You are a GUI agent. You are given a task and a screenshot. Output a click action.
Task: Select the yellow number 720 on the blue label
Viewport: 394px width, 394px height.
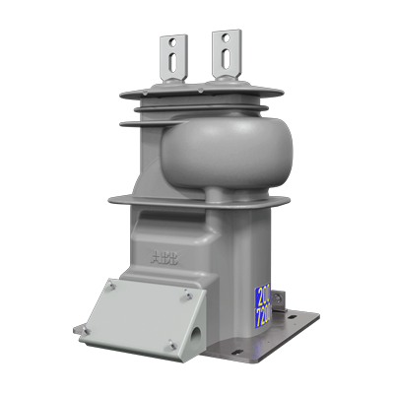tap(264, 317)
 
